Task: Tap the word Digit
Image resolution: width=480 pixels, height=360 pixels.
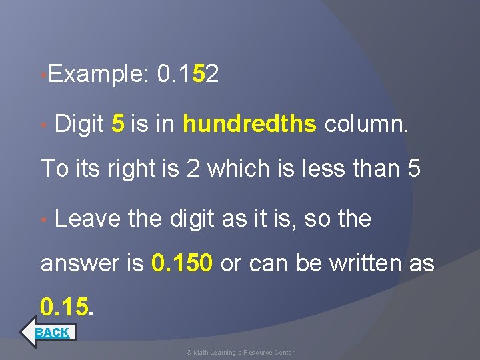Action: pyautogui.click(x=79, y=123)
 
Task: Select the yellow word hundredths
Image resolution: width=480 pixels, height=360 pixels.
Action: pyautogui.click(x=249, y=123)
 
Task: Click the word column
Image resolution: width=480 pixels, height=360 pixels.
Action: pyautogui.click(x=366, y=123)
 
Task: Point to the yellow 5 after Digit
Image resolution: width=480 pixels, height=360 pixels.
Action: pyautogui.click(x=117, y=123)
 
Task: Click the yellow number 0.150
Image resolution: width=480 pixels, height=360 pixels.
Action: pyautogui.click(x=182, y=264)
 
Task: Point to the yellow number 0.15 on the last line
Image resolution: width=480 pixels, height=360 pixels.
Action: pyautogui.click(x=65, y=306)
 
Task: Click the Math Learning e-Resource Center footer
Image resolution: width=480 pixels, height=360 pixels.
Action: pyautogui.click(x=240, y=352)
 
